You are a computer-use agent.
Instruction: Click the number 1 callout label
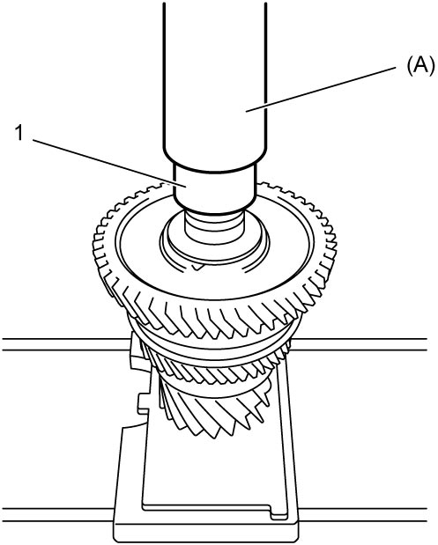click(x=19, y=134)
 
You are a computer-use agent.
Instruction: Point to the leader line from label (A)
click(x=321, y=89)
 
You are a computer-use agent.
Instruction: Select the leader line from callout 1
click(x=110, y=164)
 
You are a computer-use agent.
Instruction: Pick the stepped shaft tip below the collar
click(x=213, y=226)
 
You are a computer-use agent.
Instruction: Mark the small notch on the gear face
click(x=197, y=267)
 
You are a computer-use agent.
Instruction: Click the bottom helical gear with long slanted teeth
click(x=212, y=414)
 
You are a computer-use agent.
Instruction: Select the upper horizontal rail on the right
click(x=362, y=344)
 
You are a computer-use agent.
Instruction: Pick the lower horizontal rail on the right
click(x=363, y=515)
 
